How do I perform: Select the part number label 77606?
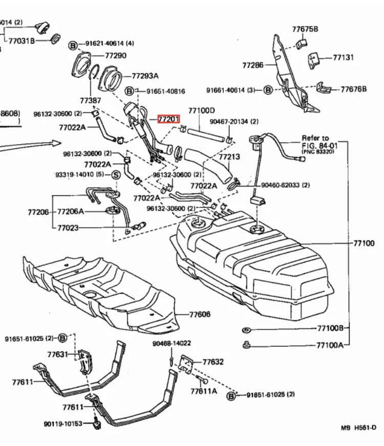click(x=200, y=315)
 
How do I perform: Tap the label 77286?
click(x=252, y=65)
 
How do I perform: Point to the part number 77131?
click(x=343, y=58)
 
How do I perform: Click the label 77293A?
click(x=145, y=76)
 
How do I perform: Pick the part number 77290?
click(x=115, y=55)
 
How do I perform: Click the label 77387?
click(x=90, y=101)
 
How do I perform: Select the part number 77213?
click(x=229, y=157)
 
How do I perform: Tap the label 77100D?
click(x=201, y=110)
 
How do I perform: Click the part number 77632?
click(x=213, y=362)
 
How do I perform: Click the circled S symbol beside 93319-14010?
click(x=116, y=175)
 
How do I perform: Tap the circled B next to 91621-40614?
click(x=73, y=46)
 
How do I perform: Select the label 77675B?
click(x=305, y=29)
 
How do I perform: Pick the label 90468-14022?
click(x=172, y=343)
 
